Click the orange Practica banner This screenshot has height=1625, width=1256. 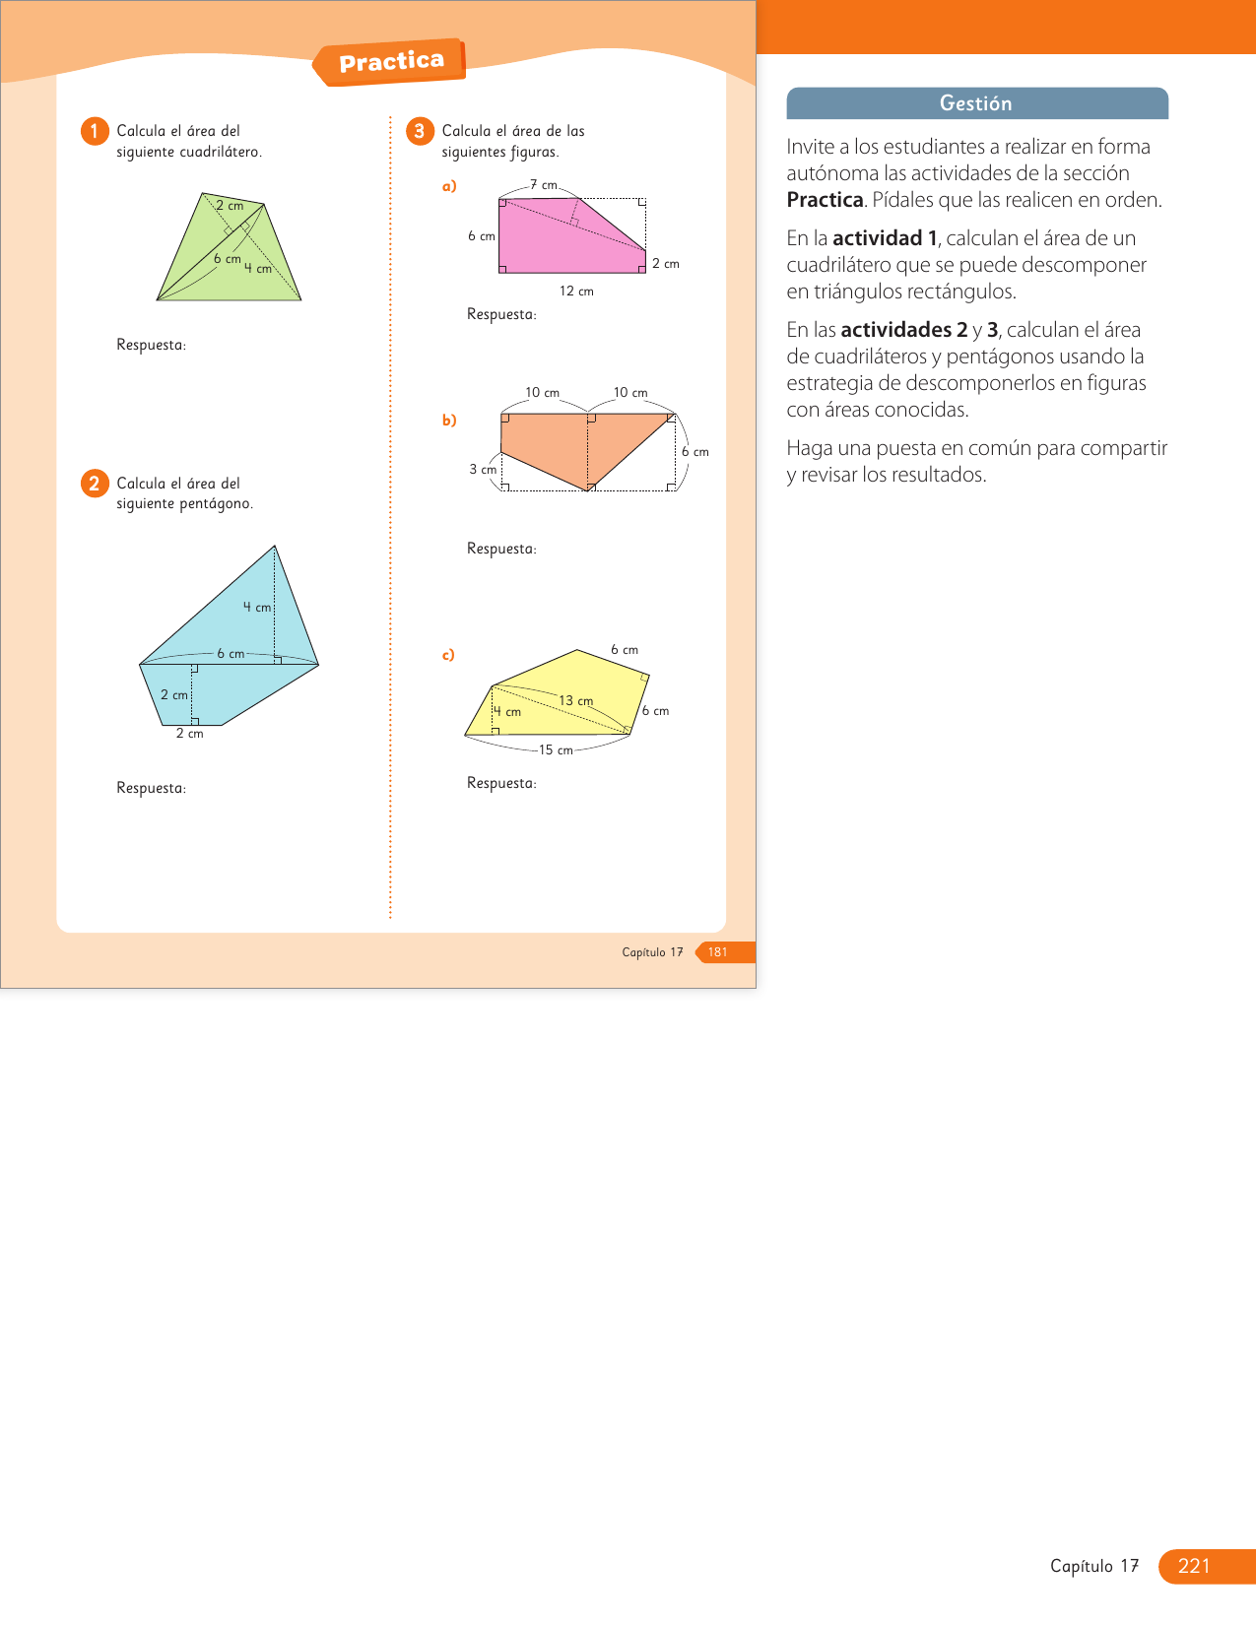(x=391, y=62)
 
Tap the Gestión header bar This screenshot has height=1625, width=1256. (x=976, y=103)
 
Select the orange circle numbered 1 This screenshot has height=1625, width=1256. (x=95, y=131)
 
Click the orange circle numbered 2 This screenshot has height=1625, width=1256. (x=95, y=484)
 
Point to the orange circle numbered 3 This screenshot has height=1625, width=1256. (x=420, y=131)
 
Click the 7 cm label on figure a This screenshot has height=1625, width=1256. (x=544, y=185)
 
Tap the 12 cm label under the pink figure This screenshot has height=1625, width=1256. (x=576, y=292)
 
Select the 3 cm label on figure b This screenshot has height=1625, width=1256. (x=483, y=470)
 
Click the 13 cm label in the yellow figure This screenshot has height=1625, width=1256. (x=576, y=701)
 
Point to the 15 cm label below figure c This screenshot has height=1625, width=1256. (x=556, y=750)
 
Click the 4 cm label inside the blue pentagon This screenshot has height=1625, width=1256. (x=257, y=608)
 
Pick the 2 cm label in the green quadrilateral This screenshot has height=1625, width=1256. (x=230, y=206)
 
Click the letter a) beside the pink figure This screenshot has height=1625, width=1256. (x=449, y=186)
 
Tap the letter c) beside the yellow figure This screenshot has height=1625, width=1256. (x=448, y=655)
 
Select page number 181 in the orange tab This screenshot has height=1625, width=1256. (x=718, y=952)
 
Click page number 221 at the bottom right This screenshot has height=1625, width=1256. (x=1194, y=1566)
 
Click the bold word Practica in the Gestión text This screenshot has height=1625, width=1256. (x=825, y=200)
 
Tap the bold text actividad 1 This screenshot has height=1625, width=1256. (x=885, y=238)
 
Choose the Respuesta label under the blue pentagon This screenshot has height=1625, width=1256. (x=151, y=788)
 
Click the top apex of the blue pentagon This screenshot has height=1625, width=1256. (x=275, y=547)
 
